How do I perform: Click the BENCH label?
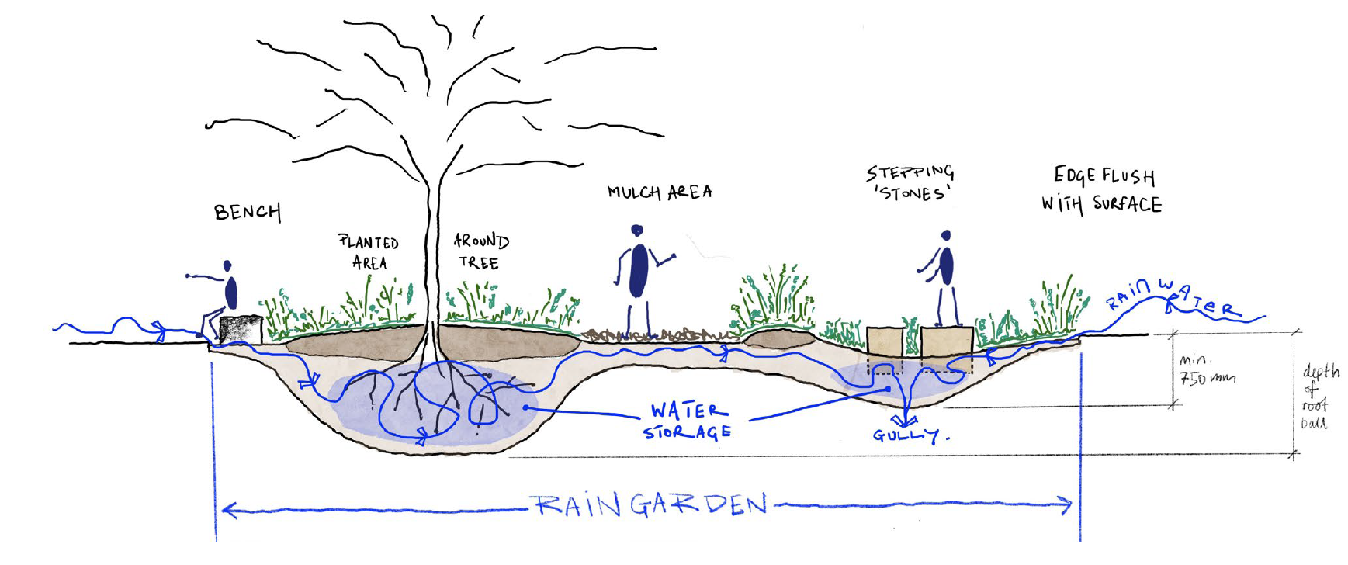coord(248,212)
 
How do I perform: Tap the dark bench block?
coord(240,330)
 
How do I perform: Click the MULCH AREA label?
coord(660,192)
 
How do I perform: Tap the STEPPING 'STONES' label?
coord(910,183)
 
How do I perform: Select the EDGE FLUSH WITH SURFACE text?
coord(1102,190)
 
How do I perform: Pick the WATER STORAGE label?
coord(688,421)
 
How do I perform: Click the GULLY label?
coord(910,435)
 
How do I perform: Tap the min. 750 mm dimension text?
coord(1206,370)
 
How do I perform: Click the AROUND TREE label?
coord(480,251)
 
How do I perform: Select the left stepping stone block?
coord(885,341)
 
